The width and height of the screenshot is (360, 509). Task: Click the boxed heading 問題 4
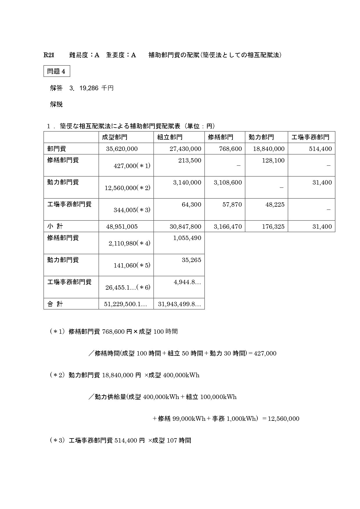pos(57,71)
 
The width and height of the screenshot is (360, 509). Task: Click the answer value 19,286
pos(89,88)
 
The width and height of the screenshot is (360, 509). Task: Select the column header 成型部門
pos(114,137)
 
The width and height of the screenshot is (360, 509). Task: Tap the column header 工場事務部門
pos(310,137)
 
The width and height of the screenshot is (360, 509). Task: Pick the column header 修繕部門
pos(221,137)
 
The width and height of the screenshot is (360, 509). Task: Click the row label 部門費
pos(57,149)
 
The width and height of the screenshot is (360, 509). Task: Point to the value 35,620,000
pos(122,149)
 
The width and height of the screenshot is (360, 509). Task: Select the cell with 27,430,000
pos(185,149)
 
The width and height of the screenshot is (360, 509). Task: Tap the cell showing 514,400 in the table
pos(321,149)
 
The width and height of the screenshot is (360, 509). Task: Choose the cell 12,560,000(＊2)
pos(127,188)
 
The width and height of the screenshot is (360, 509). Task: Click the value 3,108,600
pos(228,183)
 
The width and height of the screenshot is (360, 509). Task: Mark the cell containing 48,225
pos(275,205)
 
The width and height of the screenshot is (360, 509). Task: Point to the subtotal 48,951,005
pos(122,227)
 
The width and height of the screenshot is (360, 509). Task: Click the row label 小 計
pos(55,226)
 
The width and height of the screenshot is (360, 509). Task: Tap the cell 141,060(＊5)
pos(132,265)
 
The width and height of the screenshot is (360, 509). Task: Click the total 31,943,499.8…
pos(179,304)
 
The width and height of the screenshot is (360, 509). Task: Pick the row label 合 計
pos(55,304)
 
